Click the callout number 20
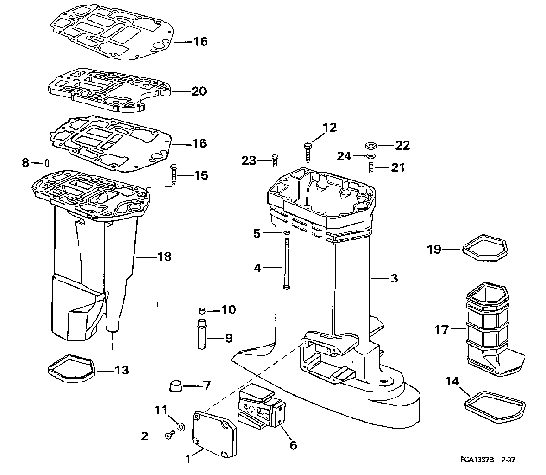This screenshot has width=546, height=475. pyautogui.click(x=199, y=91)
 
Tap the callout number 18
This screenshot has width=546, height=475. pyautogui.click(x=164, y=256)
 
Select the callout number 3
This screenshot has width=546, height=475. pyautogui.click(x=394, y=278)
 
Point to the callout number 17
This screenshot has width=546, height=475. pyautogui.click(x=442, y=330)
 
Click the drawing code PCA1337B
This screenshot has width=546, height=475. pyautogui.click(x=477, y=460)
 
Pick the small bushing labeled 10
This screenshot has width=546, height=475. pyautogui.click(x=201, y=310)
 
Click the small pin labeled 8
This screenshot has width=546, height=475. pyautogui.click(x=47, y=163)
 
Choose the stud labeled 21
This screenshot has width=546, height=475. pyautogui.click(x=370, y=167)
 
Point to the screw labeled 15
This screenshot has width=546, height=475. pyautogui.click(x=174, y=174)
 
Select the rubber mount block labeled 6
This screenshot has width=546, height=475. pyautogui.click(x=263, y=407)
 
